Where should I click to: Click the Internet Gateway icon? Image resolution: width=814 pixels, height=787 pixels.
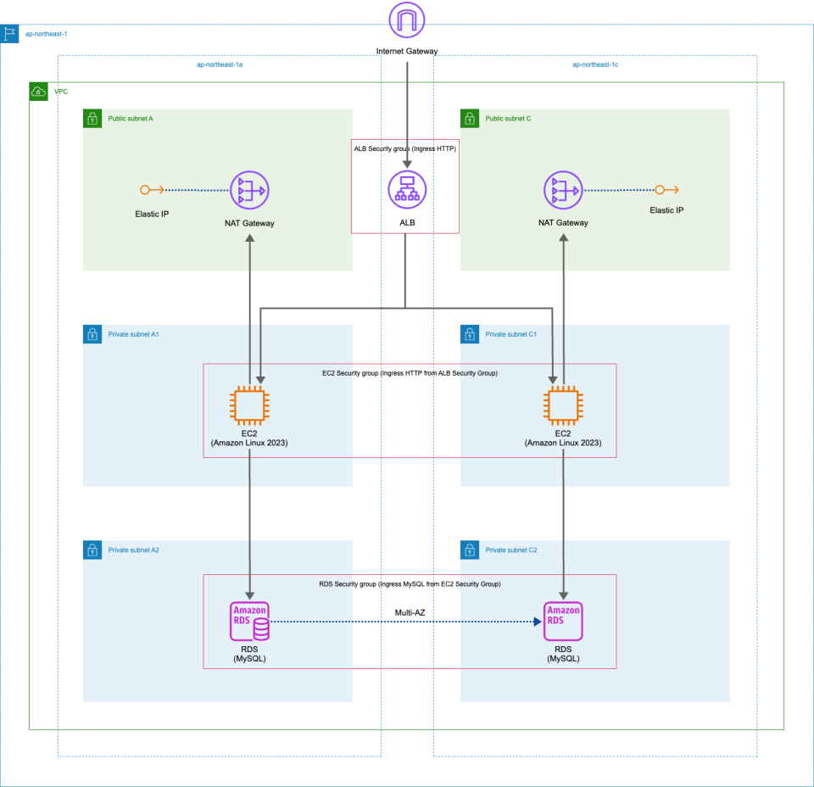(406, 21)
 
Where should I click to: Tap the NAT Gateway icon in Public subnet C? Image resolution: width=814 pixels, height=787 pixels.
(563, 190)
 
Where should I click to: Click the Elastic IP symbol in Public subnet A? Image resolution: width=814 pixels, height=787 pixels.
(146, 190)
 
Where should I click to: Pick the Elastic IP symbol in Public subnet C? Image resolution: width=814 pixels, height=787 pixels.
(671, 190)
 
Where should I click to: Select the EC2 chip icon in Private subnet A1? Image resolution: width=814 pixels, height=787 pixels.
(249, 405)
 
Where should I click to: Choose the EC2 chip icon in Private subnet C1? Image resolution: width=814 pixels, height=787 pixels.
(563, 405)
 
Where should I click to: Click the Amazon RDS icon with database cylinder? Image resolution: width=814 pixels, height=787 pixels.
(249, 622)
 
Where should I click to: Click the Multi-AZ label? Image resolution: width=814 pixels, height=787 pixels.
(410, 611)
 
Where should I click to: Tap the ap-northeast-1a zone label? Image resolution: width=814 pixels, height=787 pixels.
(220, 64)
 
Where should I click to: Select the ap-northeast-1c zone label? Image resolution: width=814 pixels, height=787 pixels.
(595, 64)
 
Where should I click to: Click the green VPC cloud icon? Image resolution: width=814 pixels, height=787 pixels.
(38, 91)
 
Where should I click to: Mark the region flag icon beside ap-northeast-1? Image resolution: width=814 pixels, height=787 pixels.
(9, 34)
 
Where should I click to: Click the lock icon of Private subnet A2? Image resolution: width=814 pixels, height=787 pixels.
(92, 550)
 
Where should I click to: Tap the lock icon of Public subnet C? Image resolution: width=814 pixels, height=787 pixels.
(469, 118)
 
